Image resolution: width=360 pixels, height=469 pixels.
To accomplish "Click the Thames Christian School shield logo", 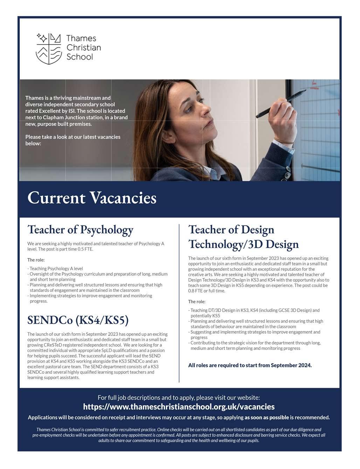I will coord(49,49).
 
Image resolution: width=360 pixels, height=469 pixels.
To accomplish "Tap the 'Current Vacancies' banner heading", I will coord(92,198).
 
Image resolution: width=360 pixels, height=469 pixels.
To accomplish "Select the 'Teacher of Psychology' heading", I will coord(80,230).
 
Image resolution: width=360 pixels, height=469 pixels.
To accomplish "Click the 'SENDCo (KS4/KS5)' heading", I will coord(78,320).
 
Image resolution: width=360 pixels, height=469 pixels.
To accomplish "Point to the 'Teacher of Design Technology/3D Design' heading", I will coord(243,237).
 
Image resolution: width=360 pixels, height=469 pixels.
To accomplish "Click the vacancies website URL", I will coord(179,407).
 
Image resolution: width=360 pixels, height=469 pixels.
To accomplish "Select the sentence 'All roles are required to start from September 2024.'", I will coord(250,365).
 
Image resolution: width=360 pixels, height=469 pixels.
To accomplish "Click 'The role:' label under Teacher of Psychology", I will coord(36,260).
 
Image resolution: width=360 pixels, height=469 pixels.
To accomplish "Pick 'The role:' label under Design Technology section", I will coord(197,302).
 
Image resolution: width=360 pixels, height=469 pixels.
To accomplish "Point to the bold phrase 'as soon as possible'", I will coord(266,418).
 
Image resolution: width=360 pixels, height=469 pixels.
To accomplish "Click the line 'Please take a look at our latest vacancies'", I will coord(73,137).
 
